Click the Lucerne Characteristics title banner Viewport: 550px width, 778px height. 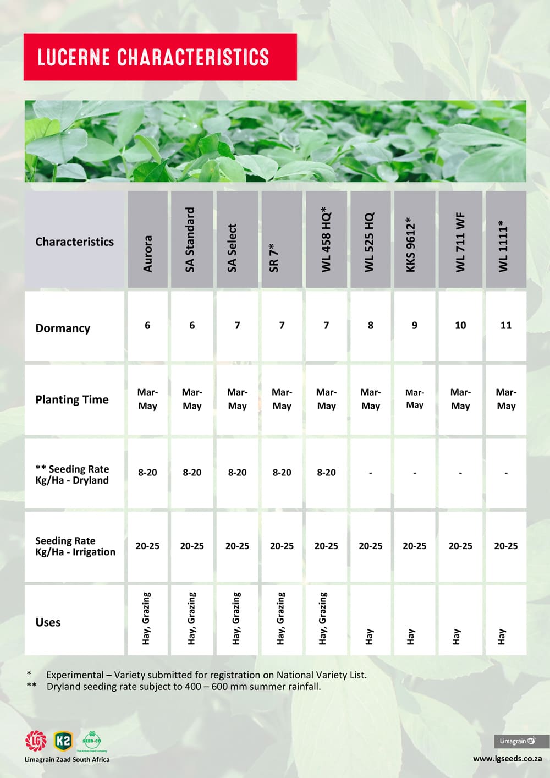159,57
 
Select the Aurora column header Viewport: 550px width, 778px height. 147,253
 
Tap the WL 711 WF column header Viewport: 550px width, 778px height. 460,242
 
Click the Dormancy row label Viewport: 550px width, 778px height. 63,328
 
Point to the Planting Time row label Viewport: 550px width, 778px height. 72,399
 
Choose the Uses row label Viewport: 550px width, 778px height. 48,622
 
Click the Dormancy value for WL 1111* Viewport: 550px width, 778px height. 506,325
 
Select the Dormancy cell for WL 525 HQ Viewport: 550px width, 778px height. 371,325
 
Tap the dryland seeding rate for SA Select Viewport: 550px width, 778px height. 237,473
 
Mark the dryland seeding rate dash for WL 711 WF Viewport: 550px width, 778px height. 460,473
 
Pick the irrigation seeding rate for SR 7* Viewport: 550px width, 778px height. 282,546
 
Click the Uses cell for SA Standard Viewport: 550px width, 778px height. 191,618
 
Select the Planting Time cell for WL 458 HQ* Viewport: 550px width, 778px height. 326,399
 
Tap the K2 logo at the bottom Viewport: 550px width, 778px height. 63,741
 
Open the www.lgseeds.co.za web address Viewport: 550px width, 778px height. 507,759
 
